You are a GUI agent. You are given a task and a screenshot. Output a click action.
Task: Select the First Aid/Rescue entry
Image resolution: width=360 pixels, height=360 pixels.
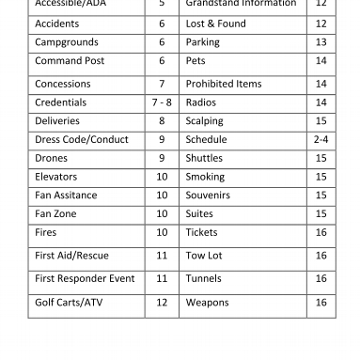click(64, 256)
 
